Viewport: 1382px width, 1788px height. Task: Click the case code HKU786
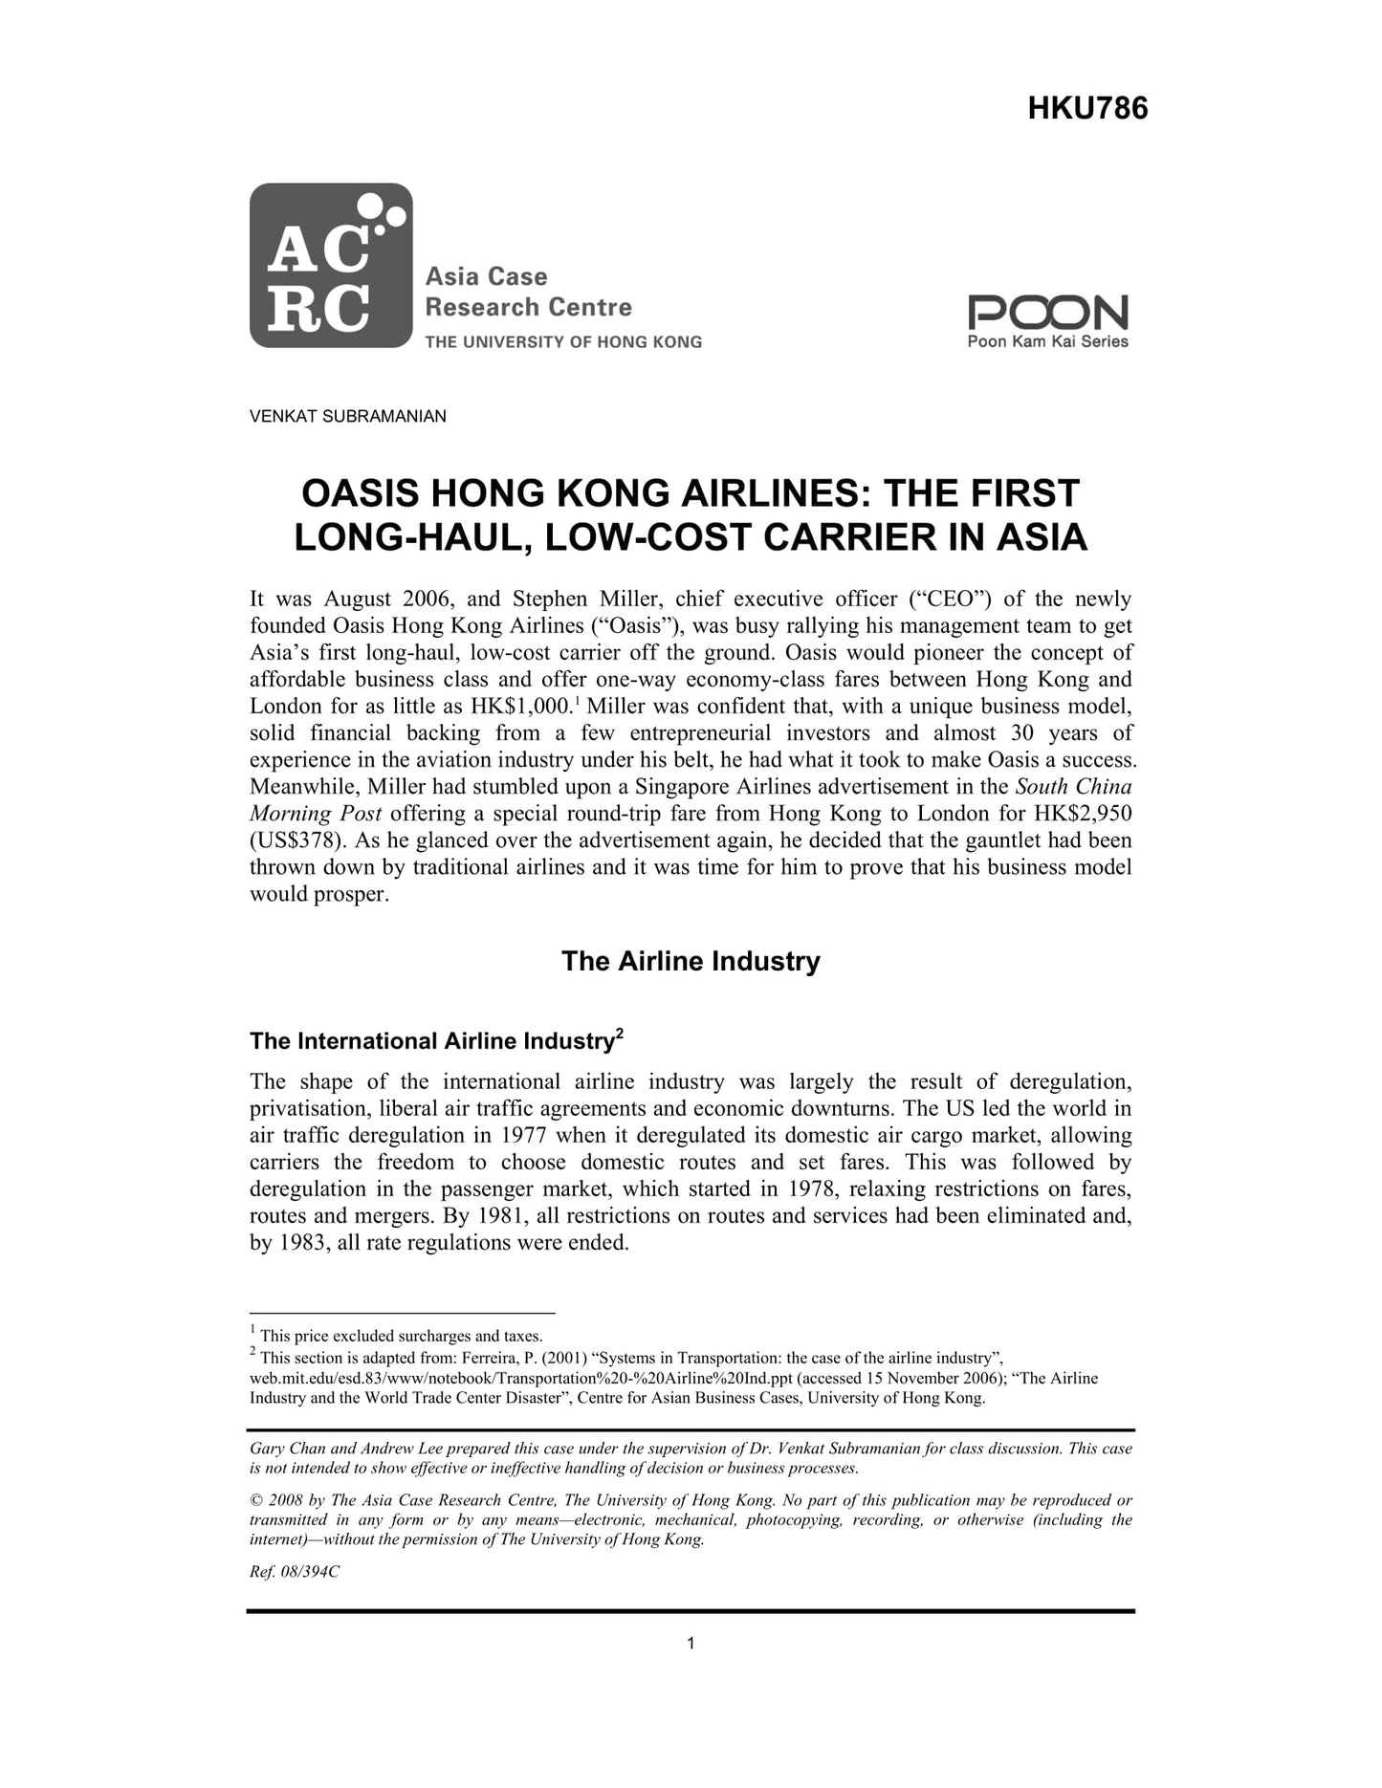pyautogui.click(x=1087, y=109)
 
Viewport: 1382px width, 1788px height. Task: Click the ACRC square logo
pyautogui.click(x=330, y=265)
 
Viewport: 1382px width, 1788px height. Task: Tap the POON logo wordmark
pyautogui.click(x=1047, y=313)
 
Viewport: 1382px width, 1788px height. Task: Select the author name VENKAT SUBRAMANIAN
pyautogui.click(x=347, y=417)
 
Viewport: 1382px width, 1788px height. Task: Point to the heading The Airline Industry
pyautogui.click(x=691, y=961)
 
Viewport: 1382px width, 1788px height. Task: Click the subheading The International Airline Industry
pyautogui.click(x=430, y=1041)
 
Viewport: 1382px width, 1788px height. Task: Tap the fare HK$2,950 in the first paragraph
pyautogui.click(x=1083, y=814)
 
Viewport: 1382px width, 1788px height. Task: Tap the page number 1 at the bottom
pyautogui.click(x=691, y=1644)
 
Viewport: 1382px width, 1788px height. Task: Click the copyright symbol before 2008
pyautogui.click(x=255, y=1500)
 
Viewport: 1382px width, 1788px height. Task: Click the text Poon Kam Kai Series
pyautogui.click(x=1047, y=341)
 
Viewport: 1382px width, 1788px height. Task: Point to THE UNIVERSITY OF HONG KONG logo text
pyautogui.click(x=562, y=341)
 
